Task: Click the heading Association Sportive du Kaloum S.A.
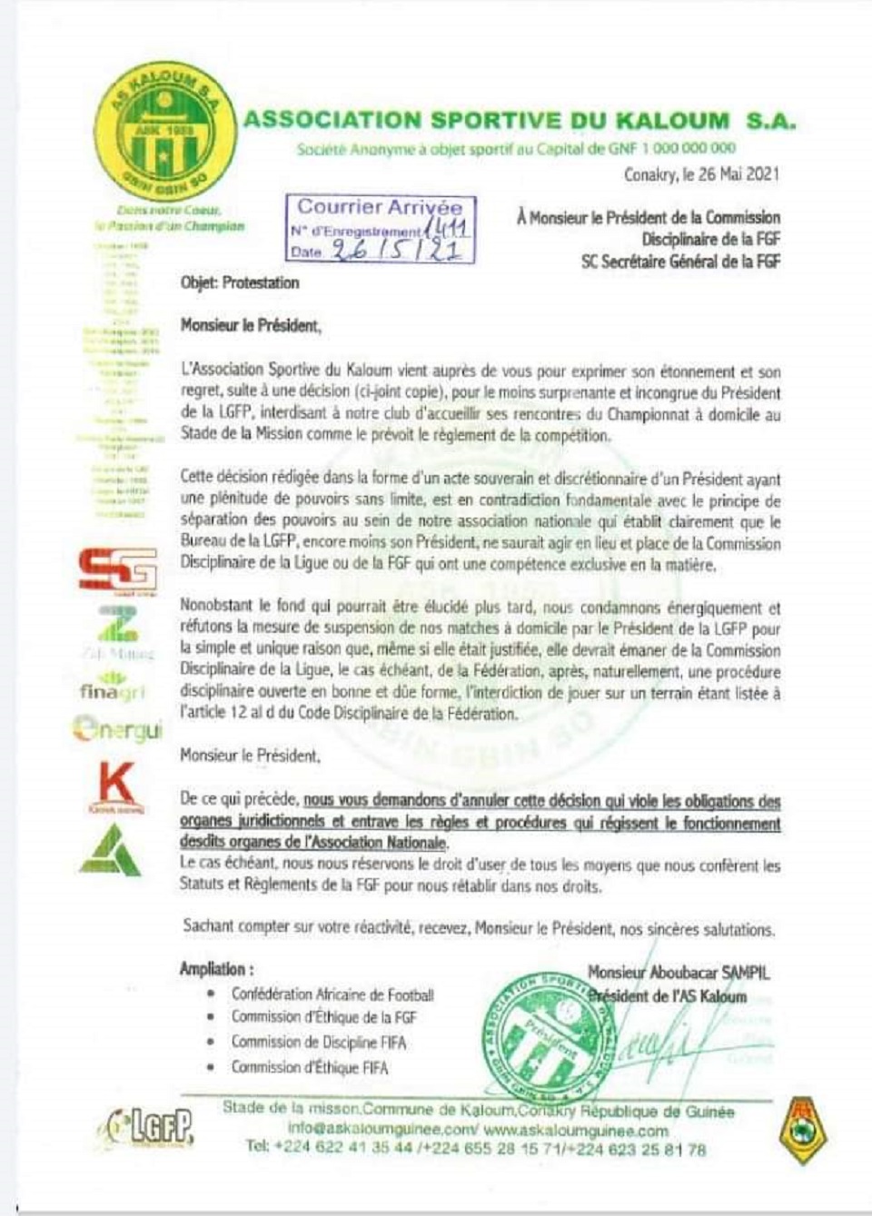click(519, 121)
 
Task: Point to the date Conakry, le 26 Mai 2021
click(700, 175)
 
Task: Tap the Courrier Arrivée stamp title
click(380, 207)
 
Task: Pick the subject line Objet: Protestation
click(240, 282)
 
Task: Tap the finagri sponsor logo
click(112, 687)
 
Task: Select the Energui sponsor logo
click(116, 728)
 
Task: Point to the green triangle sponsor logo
click(111, 850)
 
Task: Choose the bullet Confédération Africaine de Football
click(332, 994)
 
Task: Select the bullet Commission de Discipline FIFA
click(319, 1043)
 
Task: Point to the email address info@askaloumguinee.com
click(381, 1131)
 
